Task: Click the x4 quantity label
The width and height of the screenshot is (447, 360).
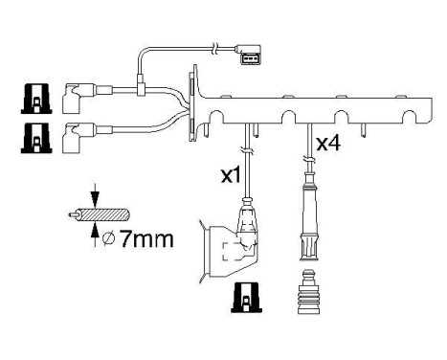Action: tap(328, 145)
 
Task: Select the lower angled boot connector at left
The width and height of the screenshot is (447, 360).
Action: tap(74, 138)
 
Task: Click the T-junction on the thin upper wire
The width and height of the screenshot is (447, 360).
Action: tap(141, 87)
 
